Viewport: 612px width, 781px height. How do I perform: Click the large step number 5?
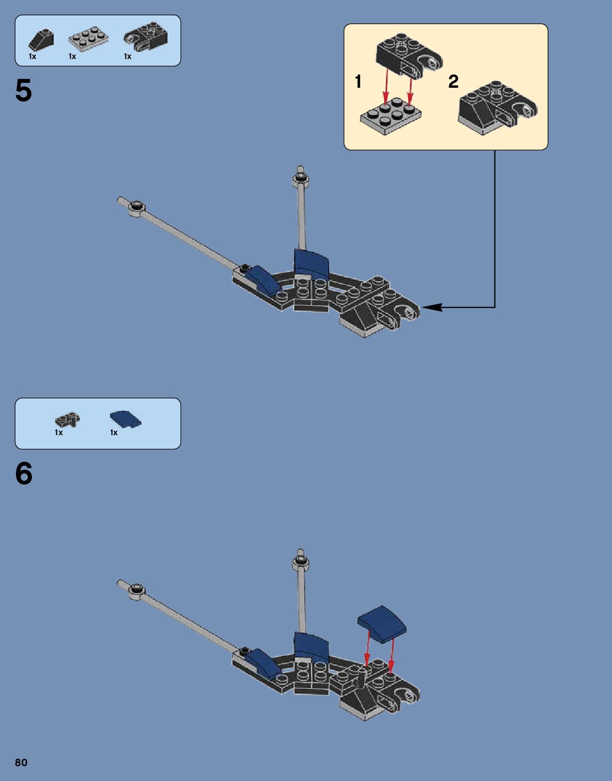pyautogui.click(x=23, y=90)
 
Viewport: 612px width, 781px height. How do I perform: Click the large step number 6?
pyautogui.click(x=24, y=473)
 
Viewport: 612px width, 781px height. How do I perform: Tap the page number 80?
pyautogui.click(x=21, y=762)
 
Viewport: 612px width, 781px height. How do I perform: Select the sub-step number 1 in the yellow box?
pyautogui.click(x=358, y=81)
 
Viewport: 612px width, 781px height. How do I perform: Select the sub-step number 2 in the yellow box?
pyautogui.click(x=453, y=81)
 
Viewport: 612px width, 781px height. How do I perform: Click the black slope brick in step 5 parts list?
pyautogui.click(x=41, y=40)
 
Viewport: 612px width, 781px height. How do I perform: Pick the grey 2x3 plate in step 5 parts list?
pyautogui.click(x=88, y=39)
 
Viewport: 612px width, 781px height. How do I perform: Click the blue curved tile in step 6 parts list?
pyautogui.click(x=125, y=419)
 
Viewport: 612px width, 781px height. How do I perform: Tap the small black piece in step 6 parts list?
pyautogui.click(x=67, y=420)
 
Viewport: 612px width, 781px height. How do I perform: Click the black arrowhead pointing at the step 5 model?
pyautogui.click(x=432, y=307)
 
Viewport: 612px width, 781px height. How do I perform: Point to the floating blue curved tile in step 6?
pyautogui.click(x=382, y=624)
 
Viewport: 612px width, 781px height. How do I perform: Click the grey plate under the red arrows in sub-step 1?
pyautogui.click(x=391, y=115)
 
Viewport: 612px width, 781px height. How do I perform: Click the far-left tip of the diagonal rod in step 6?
pyautogui.click(x=120, y=583)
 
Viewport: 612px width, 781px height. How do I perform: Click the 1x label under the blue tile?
pyautogui.click(x=114, y=433)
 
